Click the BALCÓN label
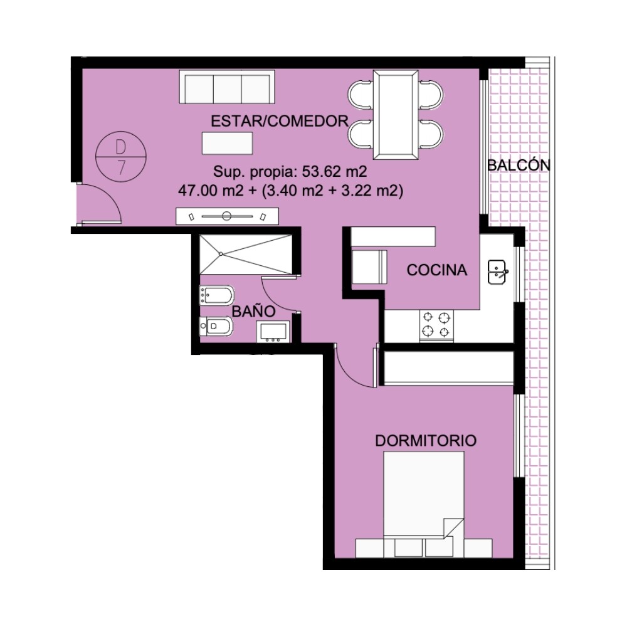519,165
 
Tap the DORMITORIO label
426,441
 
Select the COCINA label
436,270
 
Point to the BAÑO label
253,311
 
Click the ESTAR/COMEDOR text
280,121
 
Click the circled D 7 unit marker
121,156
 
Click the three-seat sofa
227,87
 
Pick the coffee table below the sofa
227,143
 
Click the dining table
396,115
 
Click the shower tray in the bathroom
246,255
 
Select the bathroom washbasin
273,332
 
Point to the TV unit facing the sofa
227,216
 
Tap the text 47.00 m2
211,191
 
